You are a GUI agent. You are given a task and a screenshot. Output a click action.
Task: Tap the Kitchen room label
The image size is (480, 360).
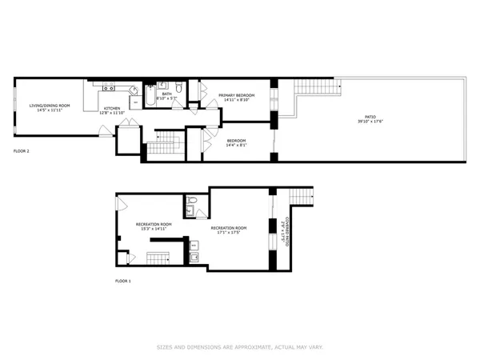(111, 108)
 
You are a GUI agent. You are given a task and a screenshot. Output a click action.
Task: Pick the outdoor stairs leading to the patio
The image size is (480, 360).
(314, 87)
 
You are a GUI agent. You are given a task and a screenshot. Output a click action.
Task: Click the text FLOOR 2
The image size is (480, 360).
(22, 150)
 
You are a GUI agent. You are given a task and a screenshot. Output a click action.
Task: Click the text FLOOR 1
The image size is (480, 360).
(123, 282)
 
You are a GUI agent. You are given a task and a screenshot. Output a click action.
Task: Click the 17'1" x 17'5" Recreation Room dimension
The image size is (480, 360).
(229, 233)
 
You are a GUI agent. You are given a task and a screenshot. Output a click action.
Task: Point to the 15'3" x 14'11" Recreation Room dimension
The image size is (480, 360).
(154, 229)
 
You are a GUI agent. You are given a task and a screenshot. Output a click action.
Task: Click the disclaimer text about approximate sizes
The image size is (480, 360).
(239, 347)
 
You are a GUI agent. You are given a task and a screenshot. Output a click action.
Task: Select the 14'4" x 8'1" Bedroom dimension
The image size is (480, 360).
(236, 145)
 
